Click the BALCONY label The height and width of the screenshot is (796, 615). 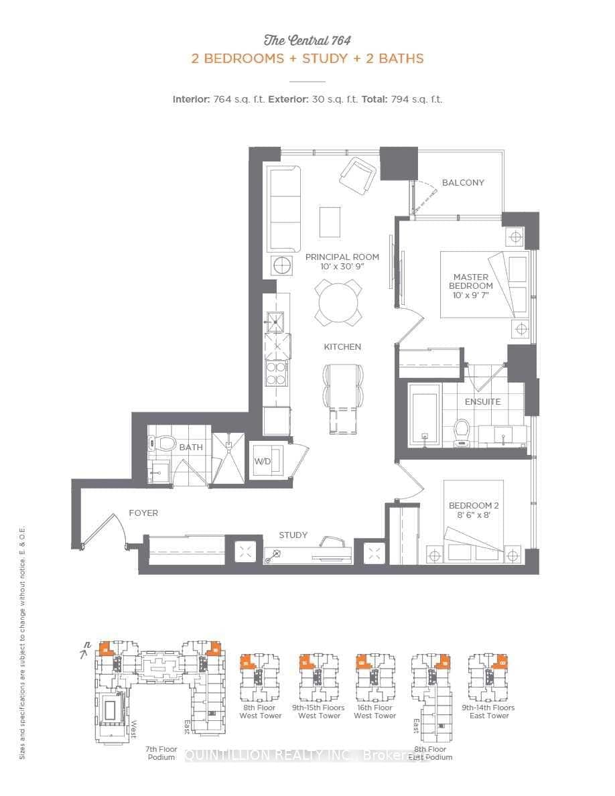click(x=463, y=182)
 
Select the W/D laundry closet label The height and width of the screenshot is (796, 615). click(x=261, y=461)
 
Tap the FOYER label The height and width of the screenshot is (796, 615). click(x=143, y=513)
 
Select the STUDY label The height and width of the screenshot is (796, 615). click(x=293, y=535)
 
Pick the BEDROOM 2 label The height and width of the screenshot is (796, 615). click(x=474, y=510)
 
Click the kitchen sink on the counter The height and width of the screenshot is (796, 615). click(x=275, y=322)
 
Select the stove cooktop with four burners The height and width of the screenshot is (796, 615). click(x=276, y=373)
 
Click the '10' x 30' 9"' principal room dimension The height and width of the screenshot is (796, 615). click(x=342, y=267)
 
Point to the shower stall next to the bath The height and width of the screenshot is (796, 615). click(x=229, y=457)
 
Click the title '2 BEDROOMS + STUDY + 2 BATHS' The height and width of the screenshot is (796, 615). click(x=307, y=58)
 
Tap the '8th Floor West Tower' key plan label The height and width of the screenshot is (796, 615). click(x=261, y=712)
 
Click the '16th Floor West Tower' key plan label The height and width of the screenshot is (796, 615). click(x=374, y=712)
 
